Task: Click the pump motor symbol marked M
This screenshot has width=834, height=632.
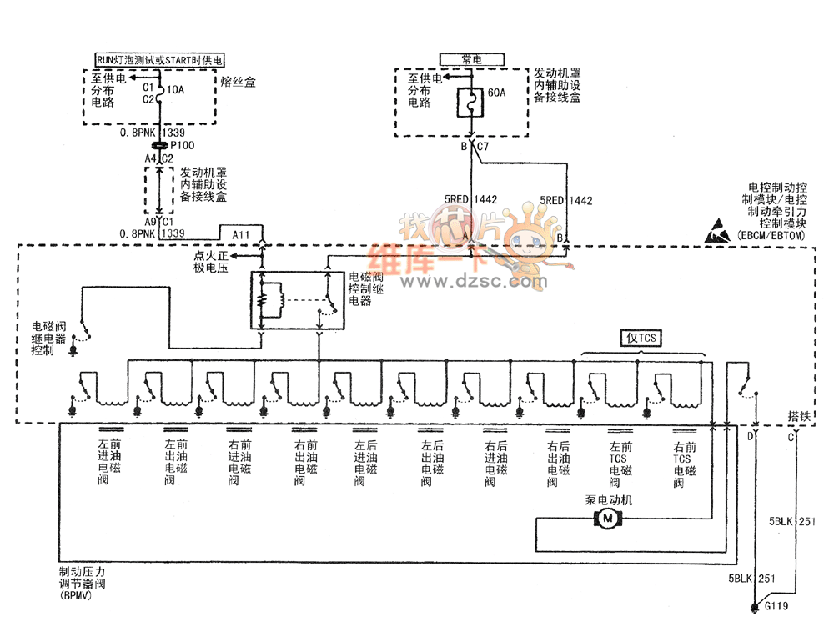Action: click(607, 519)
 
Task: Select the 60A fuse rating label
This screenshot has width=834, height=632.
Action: click(496, 93)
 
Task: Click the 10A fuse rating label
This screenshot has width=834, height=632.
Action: click(175, 89)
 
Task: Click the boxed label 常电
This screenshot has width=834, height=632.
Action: click(472, 59)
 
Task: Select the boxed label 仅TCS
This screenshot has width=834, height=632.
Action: click(641, 338)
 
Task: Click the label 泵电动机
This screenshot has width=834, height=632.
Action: click(609, 500)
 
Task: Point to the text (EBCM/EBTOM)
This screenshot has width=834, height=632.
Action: click(771, 236)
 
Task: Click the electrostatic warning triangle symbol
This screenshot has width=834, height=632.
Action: click(718, 231)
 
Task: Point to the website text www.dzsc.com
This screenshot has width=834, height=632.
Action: click(473, 282)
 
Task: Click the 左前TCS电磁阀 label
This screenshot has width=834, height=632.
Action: click(620, 464)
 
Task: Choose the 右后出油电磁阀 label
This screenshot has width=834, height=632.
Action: click(556, 464)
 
